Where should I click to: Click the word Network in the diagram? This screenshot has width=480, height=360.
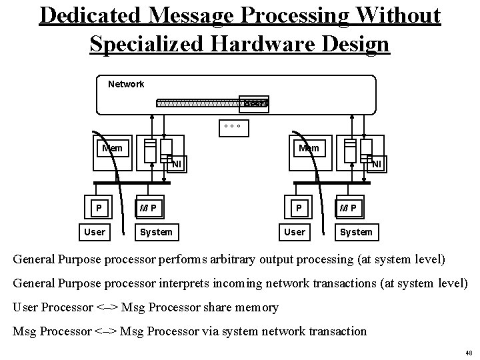tap(126, 84)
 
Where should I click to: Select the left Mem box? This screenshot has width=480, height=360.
tap(111, 147)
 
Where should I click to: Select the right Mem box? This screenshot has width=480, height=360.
tap(309, 147)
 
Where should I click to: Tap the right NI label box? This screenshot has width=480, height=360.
tap(377, 163)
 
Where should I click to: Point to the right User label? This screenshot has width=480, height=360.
tap(294, 231)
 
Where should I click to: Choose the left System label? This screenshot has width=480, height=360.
tap(156, 231)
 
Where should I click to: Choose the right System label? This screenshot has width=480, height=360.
tap(356, 231)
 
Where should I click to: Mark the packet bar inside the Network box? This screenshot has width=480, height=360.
tap(212, 103)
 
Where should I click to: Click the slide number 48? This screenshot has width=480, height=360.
tap(469, 353)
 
